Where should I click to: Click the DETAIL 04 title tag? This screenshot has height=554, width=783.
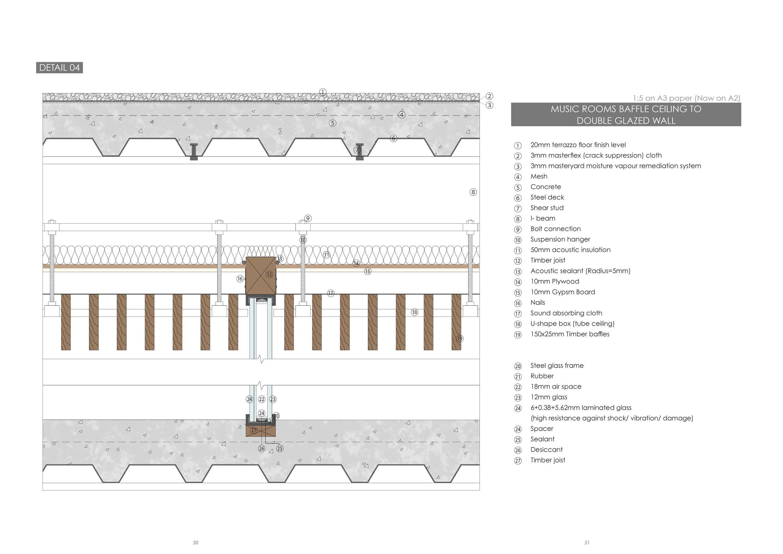coord(59,68)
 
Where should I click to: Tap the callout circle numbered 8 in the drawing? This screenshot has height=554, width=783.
coord(473,192)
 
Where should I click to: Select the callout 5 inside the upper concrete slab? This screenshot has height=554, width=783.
coord(332,123)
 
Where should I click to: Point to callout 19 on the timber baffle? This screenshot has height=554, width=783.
coord(460,339)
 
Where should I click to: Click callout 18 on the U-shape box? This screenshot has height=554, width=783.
coord(414,312)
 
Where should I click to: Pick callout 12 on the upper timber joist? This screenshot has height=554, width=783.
coord(269,274)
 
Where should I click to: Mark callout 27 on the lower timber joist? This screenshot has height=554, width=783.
coord(254,431)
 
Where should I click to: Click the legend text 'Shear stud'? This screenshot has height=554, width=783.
coord(547,208)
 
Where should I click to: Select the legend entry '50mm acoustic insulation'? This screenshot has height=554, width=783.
coord(570,250)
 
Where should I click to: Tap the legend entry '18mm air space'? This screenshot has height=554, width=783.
coord(556,386)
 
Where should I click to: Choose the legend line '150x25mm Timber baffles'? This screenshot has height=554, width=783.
coord(570,334)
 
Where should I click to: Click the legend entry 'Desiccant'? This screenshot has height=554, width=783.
coord(546,450)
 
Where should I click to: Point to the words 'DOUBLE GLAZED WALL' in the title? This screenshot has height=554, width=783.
coord(626,121)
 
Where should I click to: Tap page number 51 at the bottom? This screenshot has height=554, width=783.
coord(587,542)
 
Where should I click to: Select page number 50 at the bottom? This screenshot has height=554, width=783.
coord(196,542)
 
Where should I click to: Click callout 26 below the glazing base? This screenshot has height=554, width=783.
coord(261,448)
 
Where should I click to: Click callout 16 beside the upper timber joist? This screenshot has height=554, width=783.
coord(240,279)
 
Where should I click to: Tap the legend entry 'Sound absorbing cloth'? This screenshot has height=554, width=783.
coord(566,313)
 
